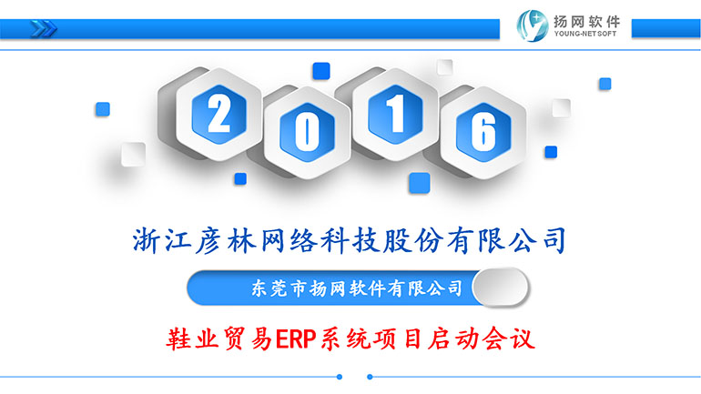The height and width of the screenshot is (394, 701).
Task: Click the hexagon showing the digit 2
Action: point(218,115)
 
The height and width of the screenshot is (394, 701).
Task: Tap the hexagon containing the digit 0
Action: point(307,133)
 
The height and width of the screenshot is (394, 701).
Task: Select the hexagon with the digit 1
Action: point(395,115)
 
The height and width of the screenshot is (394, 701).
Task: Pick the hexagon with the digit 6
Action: point(483,133)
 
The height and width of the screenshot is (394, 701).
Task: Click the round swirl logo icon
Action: point(532,25)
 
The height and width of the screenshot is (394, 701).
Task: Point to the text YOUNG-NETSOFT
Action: point(585,34)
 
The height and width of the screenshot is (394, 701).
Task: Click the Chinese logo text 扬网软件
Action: point(586,21)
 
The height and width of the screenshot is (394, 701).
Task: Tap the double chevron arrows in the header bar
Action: point(44,29)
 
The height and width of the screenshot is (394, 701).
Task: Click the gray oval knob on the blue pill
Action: point(501,288)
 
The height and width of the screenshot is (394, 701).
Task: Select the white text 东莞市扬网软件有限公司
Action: point(357,288)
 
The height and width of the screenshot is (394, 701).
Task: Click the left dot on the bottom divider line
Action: point(340,377)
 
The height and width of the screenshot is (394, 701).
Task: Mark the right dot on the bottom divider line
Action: point(370,377)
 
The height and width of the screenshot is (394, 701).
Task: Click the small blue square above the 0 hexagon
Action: point(321,71)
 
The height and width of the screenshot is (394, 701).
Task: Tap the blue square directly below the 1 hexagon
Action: point(420,183)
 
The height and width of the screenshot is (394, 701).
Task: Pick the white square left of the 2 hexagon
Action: point(133,154)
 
